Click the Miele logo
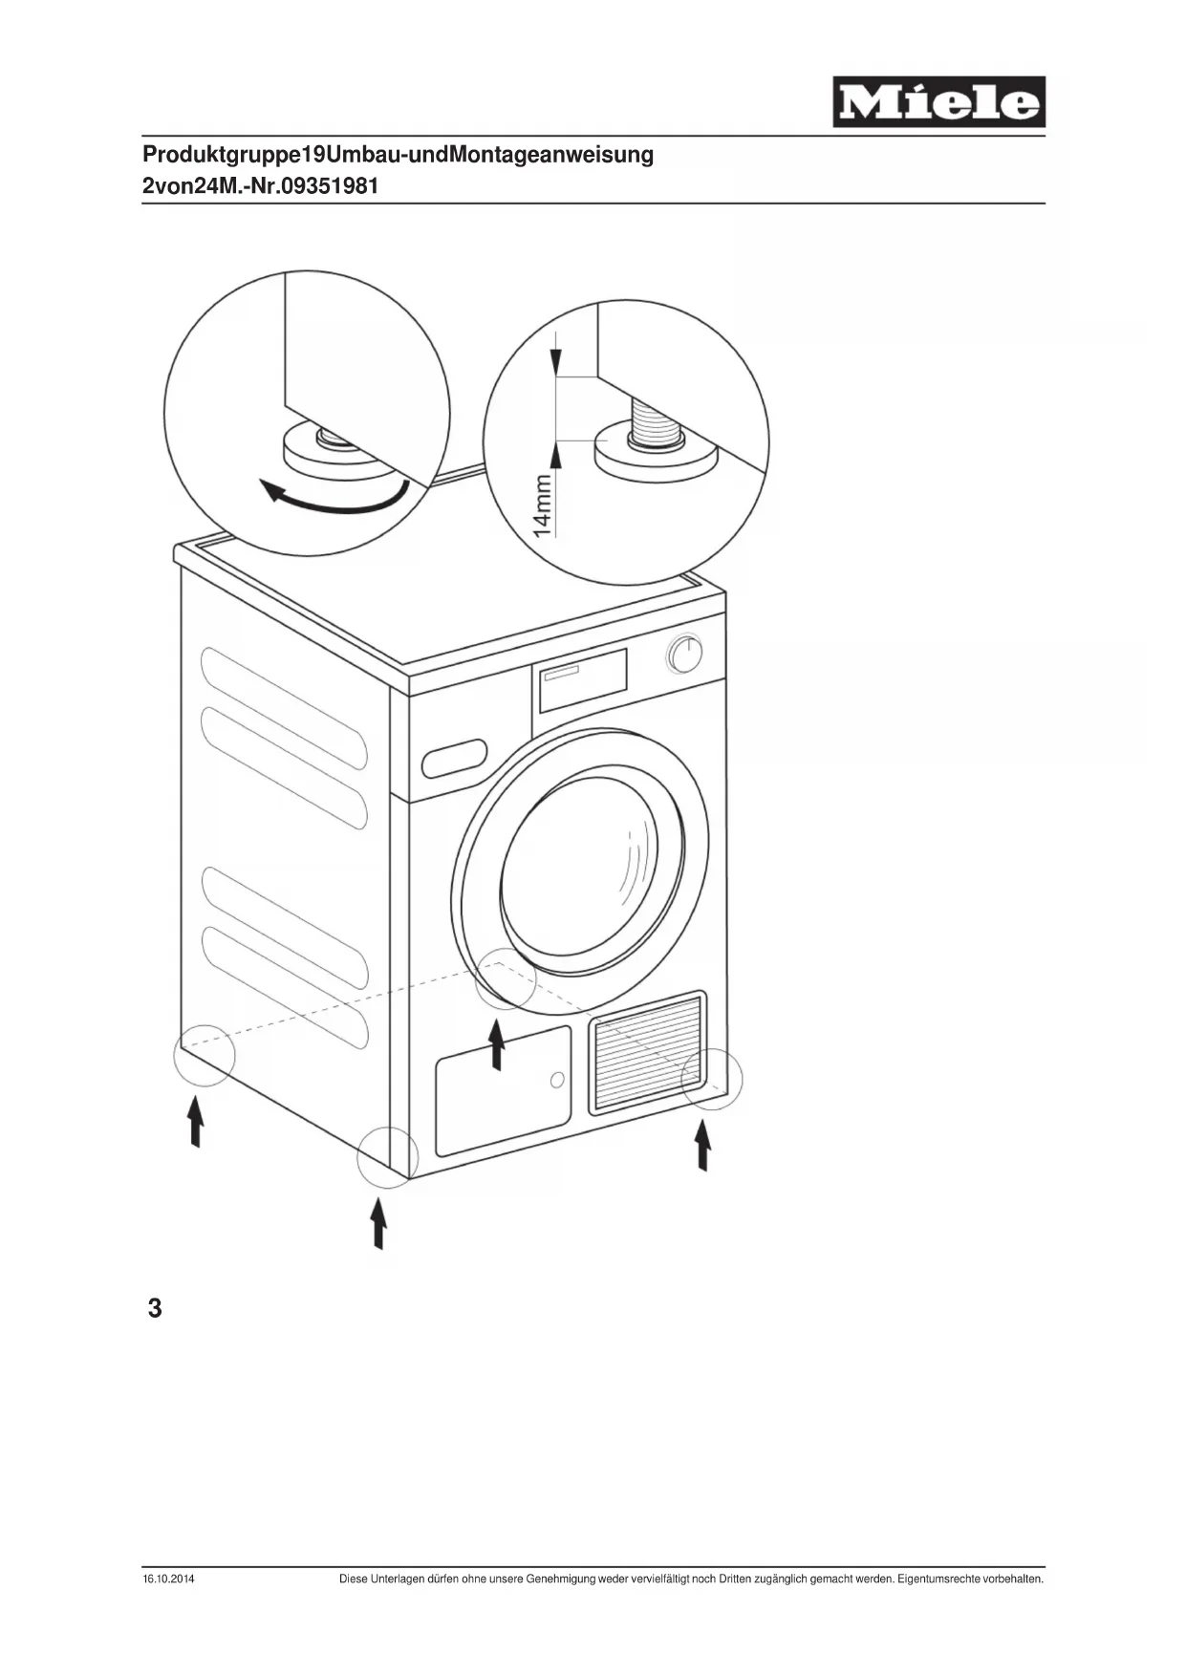click(x=938, y=102)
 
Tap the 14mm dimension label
click(x=543, y=506)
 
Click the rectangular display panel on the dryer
click(x=583, y=680)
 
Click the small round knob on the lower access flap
click(x=557, y=1080)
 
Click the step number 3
click(x=155, y=1308)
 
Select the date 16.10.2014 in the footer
click(x=168, y=1579)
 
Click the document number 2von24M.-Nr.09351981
click(x=260, y=186)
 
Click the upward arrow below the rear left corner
click(x=196, y=1122)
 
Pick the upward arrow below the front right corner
click(x=703, y=1145)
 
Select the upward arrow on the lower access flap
click(x=497, y=1044)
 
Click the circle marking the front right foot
click(x=711, y=1079)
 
